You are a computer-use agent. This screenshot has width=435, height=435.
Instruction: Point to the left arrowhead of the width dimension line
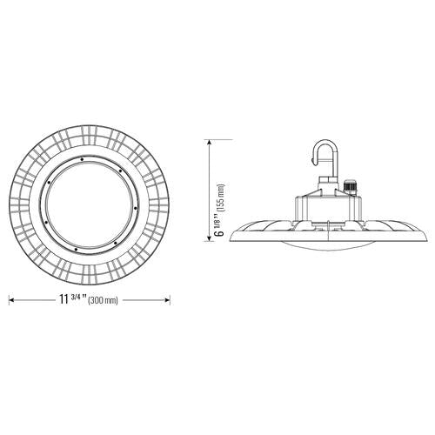pyautogui.click(x=11, y=299)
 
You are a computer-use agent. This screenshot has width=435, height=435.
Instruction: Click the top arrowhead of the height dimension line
pyautogui.click(x=210, y=141)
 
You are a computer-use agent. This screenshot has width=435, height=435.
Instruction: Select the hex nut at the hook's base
pyautogui.click(x=327, y=185)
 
